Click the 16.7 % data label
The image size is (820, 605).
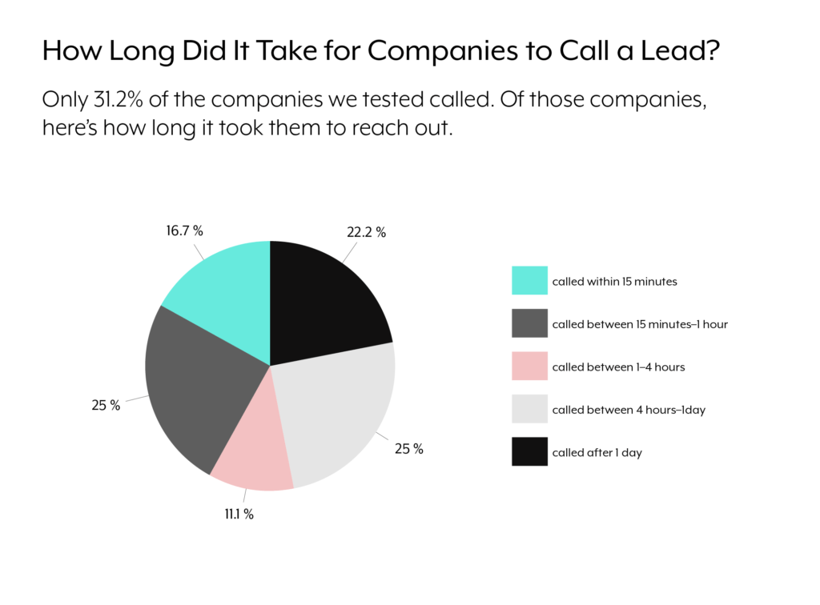[x=185, y=231]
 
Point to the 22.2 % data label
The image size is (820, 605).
[x=367, y=233]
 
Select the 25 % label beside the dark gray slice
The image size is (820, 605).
[x=106, y=405]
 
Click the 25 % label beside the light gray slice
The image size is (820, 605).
[x=408, y=449]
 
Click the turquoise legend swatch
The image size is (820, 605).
[x=529, y=281]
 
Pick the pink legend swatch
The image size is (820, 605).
[x=529, y=367]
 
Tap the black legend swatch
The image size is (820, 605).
[x=529, y=451]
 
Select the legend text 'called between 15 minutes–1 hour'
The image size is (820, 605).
[x=640, y=324]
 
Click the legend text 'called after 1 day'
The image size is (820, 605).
[x=597, y=453]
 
